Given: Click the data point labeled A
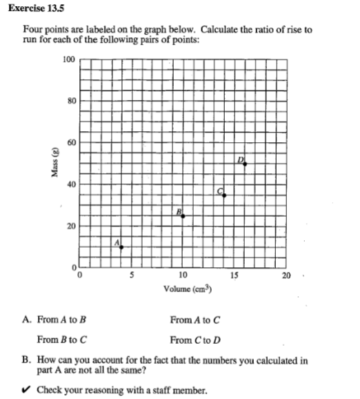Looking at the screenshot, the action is click(x=121, y=247).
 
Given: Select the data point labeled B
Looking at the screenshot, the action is click(x=183, y=216).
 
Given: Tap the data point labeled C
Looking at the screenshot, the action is click(x=224, y=195).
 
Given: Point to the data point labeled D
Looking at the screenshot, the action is click(x=245, y=164).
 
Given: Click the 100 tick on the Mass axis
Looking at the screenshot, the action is click(x=68, y=59).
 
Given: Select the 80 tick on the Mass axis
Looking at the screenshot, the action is click(x=70, y=100).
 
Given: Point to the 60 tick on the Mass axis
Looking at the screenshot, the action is click(x=70, y=142).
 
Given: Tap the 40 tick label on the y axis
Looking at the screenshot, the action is click(x=70, y=184).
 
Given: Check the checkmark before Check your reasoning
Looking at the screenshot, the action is click(x=28, y=391).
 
